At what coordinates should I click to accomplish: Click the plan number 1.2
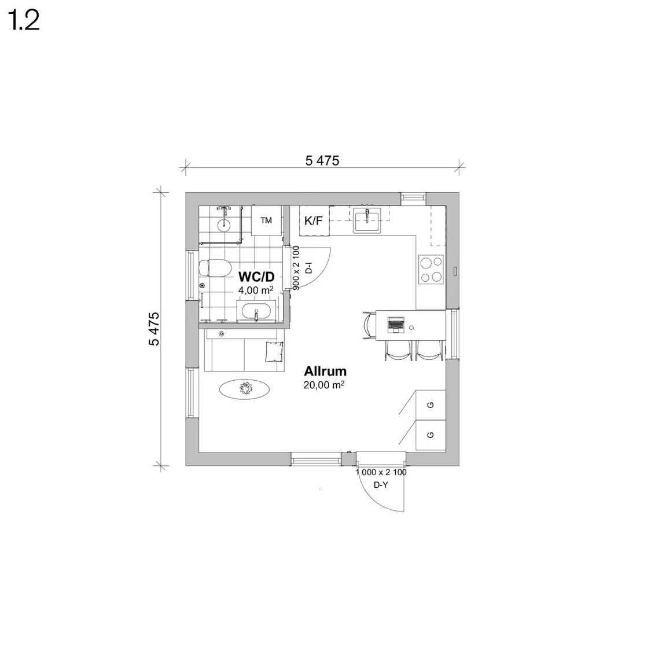[24, 20]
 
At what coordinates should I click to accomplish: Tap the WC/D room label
[256, 277]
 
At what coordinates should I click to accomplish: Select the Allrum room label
[325, 371]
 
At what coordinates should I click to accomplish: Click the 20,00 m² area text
[324, 385]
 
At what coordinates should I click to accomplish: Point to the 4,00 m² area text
[256, 290]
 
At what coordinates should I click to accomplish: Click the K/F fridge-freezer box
[314, 220]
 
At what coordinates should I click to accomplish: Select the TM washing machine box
[266, 220]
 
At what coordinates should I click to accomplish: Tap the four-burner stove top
[431, 269]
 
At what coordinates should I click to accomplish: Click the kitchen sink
[367, 220]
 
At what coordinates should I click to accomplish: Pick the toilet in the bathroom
[215, 268]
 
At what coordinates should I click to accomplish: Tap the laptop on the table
[396, 325]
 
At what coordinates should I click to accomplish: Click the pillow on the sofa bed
[274, 352]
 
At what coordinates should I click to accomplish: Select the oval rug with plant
[244, 389]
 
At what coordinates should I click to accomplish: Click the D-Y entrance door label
[381, 484]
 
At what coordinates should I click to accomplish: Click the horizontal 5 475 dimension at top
[322, 160]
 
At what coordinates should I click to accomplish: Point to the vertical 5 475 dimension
[153, 329]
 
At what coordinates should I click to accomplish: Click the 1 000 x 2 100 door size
[381, 472]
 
